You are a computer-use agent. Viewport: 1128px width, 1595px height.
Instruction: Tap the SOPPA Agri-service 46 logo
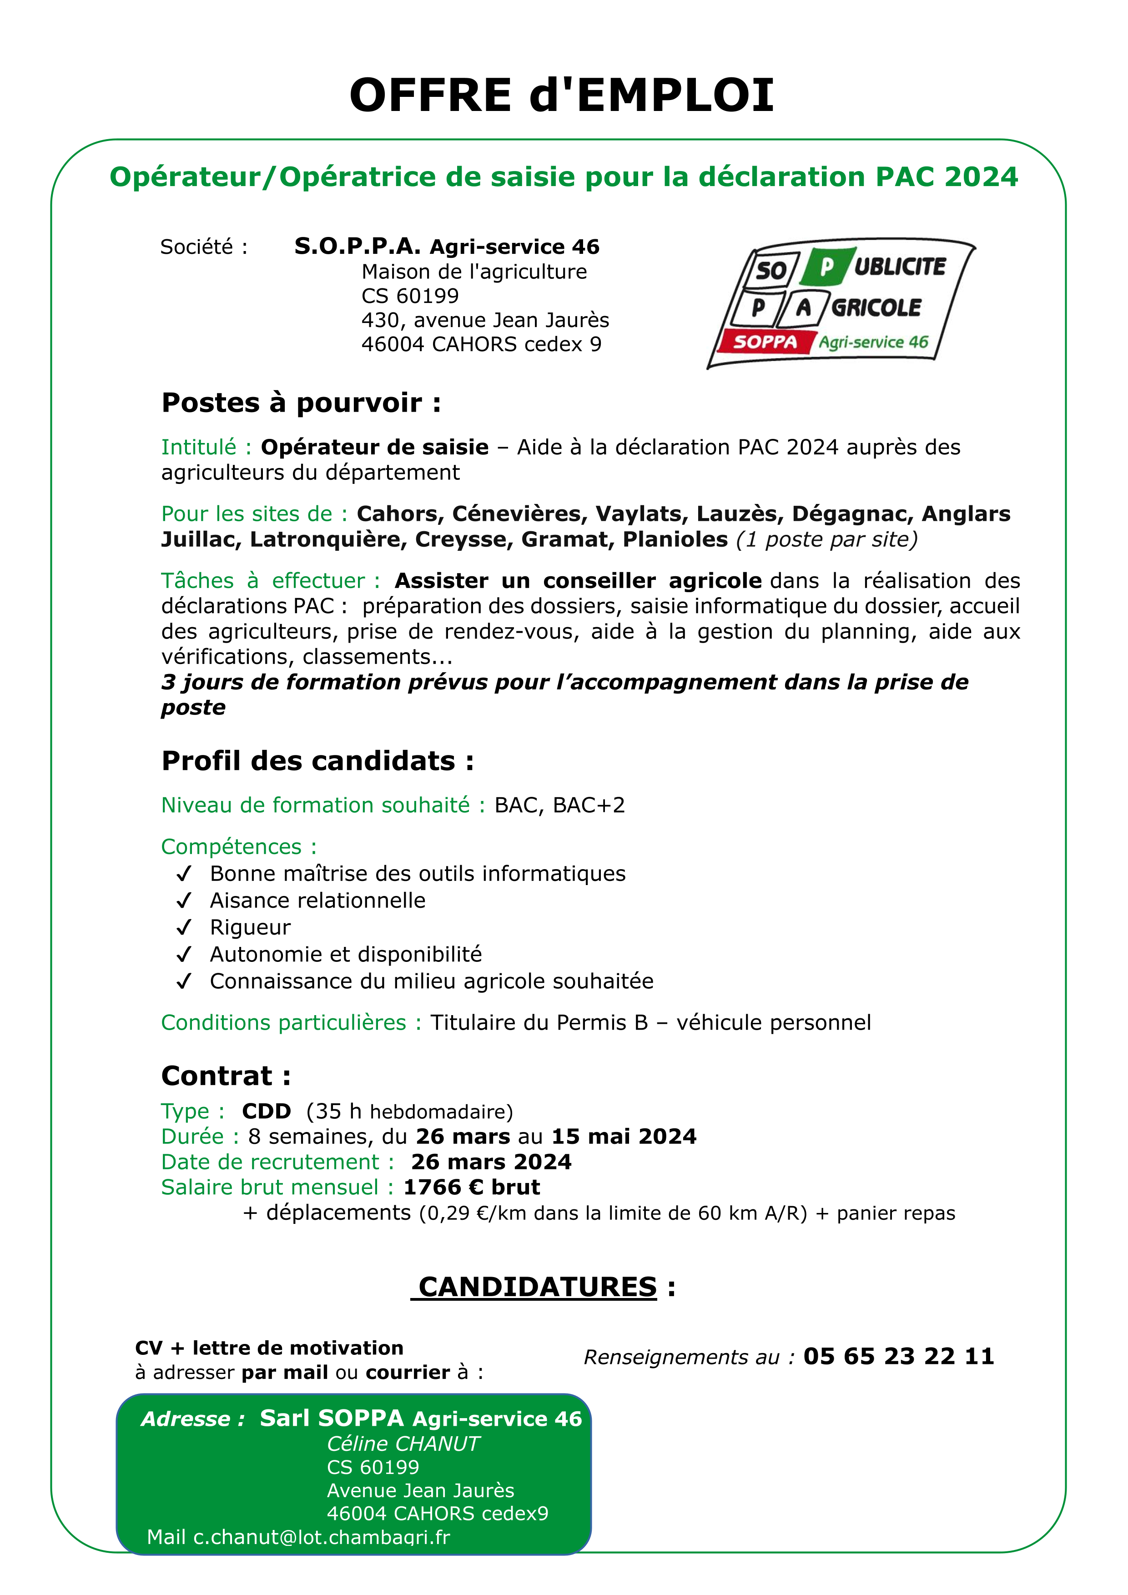click(x=841, y=306)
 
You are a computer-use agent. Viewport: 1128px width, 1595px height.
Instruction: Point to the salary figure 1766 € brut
click(x=472, y=1187)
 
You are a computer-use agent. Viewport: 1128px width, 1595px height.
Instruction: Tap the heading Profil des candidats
click(x=317, y=761)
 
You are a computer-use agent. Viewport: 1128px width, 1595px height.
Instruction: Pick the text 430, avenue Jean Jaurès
click(x=485, y=320)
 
